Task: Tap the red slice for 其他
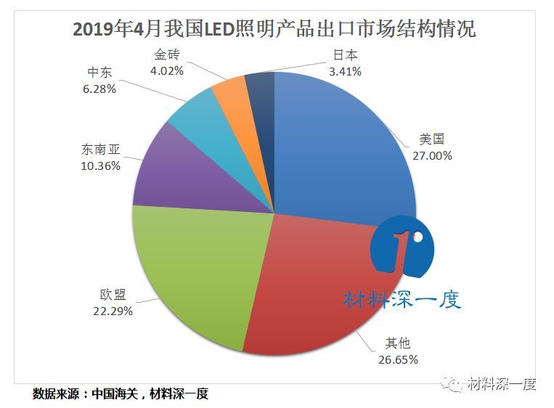tap(319, 290)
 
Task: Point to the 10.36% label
tap(101, 166)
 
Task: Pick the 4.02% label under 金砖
tap(166, 70)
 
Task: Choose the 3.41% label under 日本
tap(344, 71)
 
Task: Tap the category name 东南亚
tap(101, 150)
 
